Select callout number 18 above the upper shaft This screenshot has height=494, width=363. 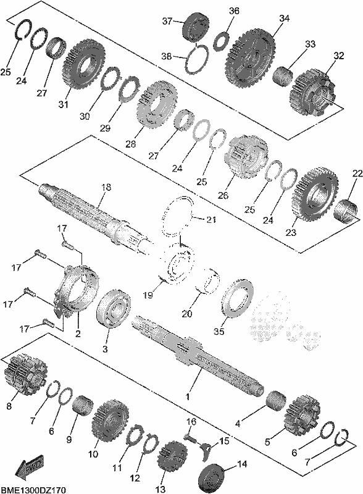[x=106, y=188]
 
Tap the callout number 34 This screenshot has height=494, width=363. [x=284, y=19]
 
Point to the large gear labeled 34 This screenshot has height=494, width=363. [x=249, y=58]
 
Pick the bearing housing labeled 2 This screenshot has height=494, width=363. [x=75, y=290]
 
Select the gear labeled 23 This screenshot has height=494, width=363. [x=315, y=193]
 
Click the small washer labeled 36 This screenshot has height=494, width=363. [x=223, y=40]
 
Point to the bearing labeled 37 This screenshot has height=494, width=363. [x=196, y=27]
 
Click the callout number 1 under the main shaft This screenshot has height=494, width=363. [x=188, y=396]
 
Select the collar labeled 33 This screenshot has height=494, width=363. [x=282, y=76]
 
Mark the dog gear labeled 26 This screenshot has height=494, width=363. [x=246, y=157]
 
